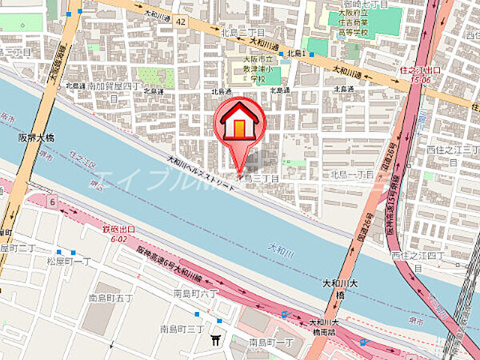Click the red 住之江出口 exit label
point(416,74)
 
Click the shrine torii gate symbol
point(215,341)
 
